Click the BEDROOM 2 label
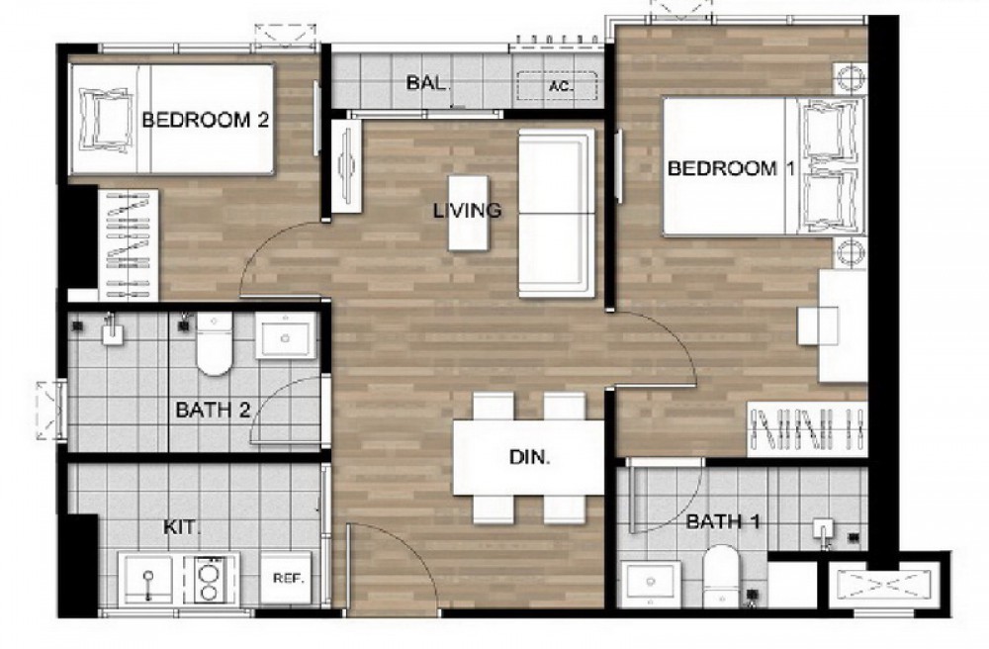point(206,119)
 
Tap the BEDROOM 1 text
point(731,168)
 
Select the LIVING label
point(468,210)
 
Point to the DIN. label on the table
point(530,457)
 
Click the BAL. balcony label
point(429,83)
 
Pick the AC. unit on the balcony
point(557,86)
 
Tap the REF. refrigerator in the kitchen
point(288,579)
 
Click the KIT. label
point(182,526)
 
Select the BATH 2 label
point(214,410)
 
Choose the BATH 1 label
point(723,521)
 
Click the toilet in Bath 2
point(215,343)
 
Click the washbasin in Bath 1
point(651,584)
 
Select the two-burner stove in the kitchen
point(208,579)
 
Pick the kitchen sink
point(148,580)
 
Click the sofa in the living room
point(556,213)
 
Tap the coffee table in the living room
point(468,213)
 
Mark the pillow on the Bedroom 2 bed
point(106,119)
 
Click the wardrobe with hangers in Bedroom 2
point(129,245)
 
